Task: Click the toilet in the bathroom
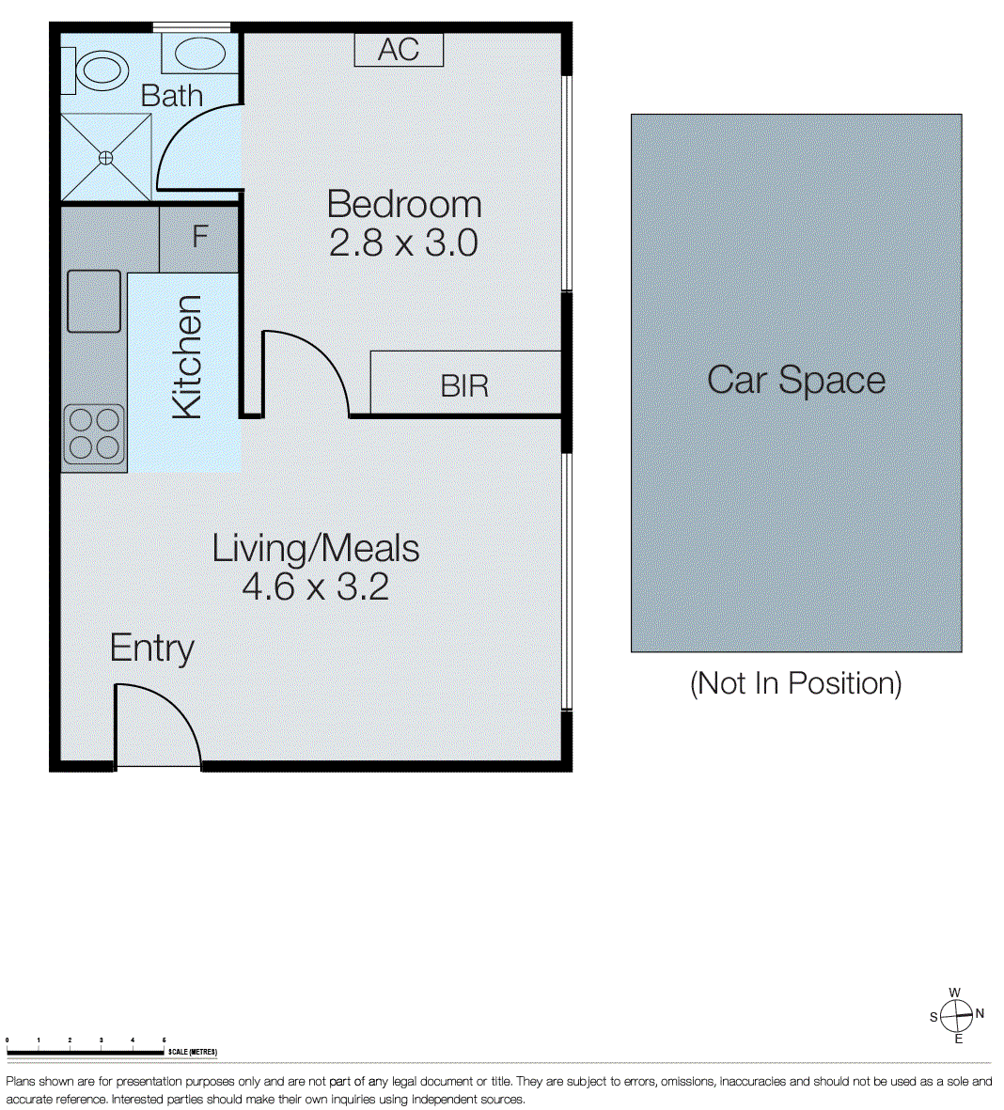point(98,70)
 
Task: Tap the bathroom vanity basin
point(198,54)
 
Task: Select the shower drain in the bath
point(106,158)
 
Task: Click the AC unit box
point(398,50)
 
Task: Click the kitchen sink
point(94,301)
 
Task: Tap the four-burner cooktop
point(94,433)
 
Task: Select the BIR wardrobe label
point(464,386)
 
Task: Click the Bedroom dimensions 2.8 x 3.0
point(404,243)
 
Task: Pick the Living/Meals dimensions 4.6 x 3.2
point(315,587)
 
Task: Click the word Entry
point(151,648)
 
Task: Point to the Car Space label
point(795,381)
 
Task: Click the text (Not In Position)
point(795,683)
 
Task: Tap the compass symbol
point(956,1014)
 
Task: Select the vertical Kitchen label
point(187,356)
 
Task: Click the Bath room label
point(171,95)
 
